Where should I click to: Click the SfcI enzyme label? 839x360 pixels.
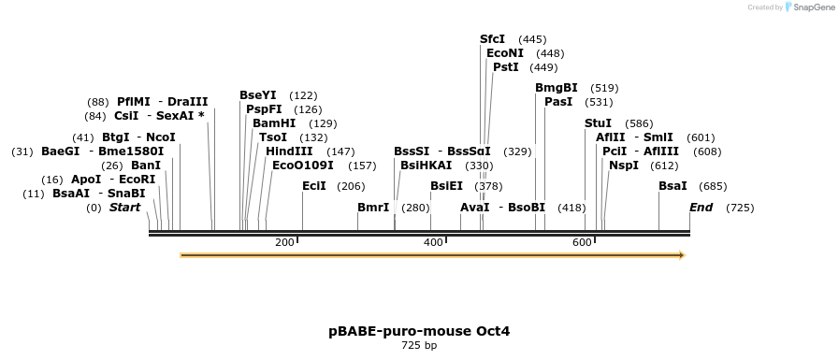pyautogui.click(x=492, y=39)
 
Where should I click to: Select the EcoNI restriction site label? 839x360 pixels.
pyautogui.click(x=505, y=53)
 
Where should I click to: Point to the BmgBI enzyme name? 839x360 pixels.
pyautogui.click(x=556, y=88)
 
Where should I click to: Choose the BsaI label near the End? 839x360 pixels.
pyautogui.click(x=673, y=186)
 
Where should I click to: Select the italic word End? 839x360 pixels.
pyautogui.click(x=702, y=208)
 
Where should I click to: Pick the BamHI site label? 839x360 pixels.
pyautogui.click(x=274, y=123)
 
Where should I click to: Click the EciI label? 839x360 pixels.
pyautogui.click(x=314, y=186)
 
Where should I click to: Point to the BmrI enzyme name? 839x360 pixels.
pyautogui.click(x=373, y=208)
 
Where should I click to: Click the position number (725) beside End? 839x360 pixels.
pyautogui.click(x=740, y=208)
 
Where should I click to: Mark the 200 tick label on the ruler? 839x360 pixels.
pyautogui.click(x=284, y=243)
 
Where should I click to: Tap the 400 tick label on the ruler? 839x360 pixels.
pyautogui.click(x=433, y=243)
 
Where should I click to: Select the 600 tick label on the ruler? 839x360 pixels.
pyautogui.click(x=582, y=243)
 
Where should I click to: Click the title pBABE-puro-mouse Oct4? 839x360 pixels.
pyautogui.click(x=419, y=331)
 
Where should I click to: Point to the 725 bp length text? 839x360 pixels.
pyautogui.click(x=419, y=346)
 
